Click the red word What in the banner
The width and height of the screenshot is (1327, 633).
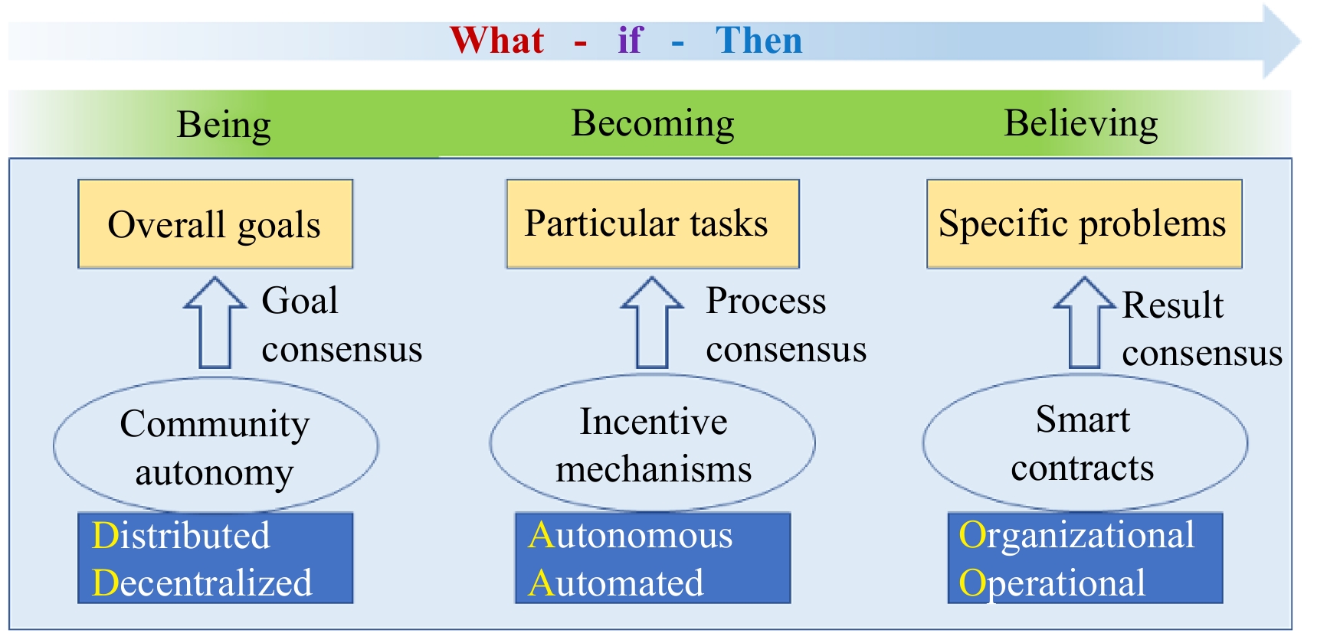click(497, 40)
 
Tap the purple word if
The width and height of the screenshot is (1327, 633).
click(630, 40)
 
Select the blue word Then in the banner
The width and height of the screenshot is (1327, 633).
click(759, 40)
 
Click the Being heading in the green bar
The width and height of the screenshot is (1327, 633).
click(224, 125)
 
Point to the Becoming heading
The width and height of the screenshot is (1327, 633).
click(653, 124)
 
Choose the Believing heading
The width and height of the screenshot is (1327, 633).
click(1080, 124)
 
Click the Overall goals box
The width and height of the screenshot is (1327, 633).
click(215, 224)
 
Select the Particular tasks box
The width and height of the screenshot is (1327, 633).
click(653, 224)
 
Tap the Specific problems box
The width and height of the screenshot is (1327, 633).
click(1084, 224)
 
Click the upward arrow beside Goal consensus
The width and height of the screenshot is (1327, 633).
click(215, 322)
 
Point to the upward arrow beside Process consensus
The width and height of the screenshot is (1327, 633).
click(652, 322)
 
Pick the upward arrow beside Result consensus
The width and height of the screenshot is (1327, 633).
click(1085, 322)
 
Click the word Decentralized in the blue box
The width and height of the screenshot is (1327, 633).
click(202, 582)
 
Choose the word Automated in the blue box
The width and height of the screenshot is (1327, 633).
click(616, 582)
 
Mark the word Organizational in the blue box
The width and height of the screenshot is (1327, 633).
click(1076, 536)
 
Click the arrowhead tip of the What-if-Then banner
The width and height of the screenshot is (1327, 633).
click(1300, 41)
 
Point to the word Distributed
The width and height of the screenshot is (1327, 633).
click(181, 535)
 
